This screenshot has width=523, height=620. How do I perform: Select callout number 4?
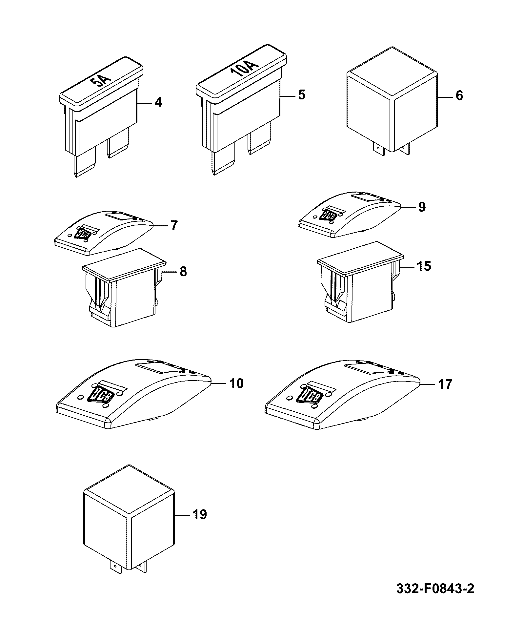pyautogui.click(x=158, y=103)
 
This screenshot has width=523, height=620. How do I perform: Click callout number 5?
pyautogui.click(x=301, y=95)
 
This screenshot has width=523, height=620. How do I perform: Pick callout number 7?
pyautogui.click(x=173, y=225)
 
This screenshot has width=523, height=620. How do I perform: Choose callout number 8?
pyautogui.click(x=183, y=272)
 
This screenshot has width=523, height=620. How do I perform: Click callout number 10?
pyautogui.click(x=236, y=383)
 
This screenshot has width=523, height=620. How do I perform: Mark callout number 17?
pyautogui.click(x=445, y=384)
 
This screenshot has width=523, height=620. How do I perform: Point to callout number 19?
pyautogui.click(x=200, y=514)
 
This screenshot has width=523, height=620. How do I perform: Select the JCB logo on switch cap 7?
pyautogui.click(x=83, y=233)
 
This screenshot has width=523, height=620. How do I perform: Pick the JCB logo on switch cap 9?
pyautogui.click(x=328, y=215)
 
